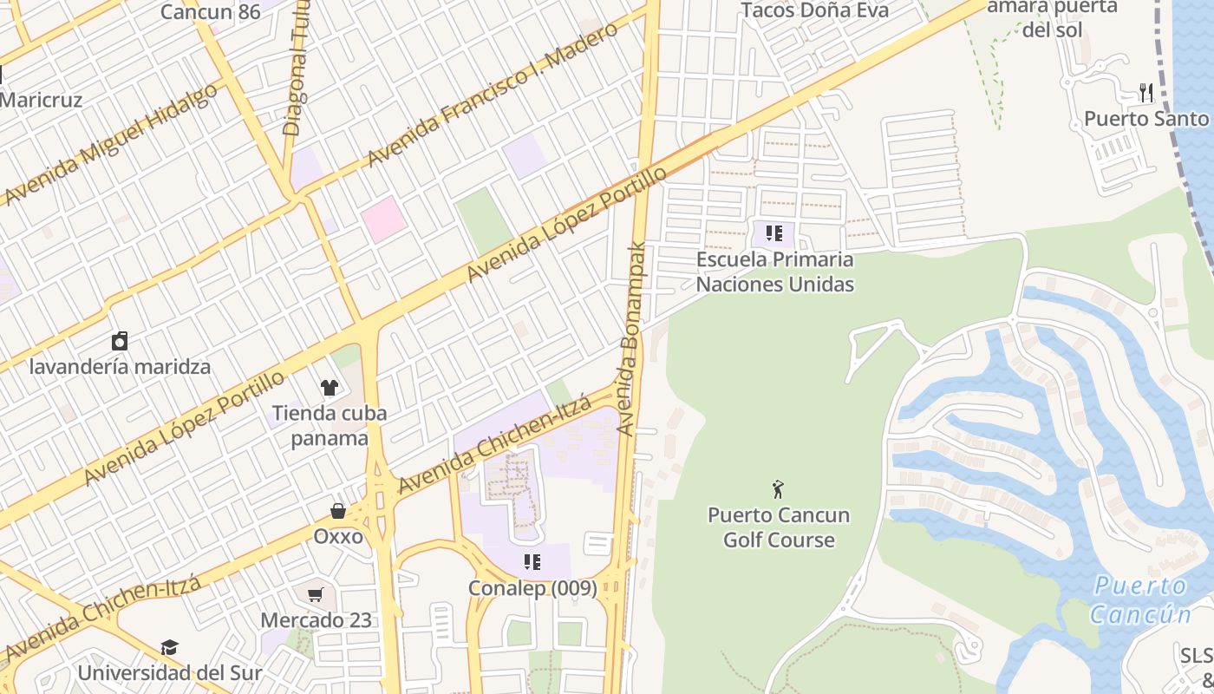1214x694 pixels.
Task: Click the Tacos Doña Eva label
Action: point(814,10)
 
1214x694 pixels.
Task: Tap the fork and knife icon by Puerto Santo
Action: point(1146,93)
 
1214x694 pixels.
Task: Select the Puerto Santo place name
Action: point(1146,119)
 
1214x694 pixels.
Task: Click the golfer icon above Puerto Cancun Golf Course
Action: point(778,489)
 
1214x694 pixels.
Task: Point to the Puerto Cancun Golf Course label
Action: point(778,527)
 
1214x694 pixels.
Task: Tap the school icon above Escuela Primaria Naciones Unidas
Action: point(774,233)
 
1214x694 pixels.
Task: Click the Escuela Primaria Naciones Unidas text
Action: point(775,272)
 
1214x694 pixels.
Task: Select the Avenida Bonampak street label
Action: point(632,338)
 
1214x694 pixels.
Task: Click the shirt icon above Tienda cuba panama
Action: point(330,387)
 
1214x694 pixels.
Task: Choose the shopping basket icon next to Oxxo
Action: point(338,512)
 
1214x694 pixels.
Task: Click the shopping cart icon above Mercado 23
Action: point(316,595)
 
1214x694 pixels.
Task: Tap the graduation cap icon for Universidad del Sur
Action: point(169,648)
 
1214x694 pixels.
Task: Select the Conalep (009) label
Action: point(532,588)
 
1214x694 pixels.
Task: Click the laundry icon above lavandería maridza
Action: point(120,340)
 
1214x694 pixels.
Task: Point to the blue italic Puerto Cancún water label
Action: point(1139,600)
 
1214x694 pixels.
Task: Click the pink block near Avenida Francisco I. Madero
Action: point(383,219)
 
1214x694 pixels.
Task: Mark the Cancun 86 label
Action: point(210,11)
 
